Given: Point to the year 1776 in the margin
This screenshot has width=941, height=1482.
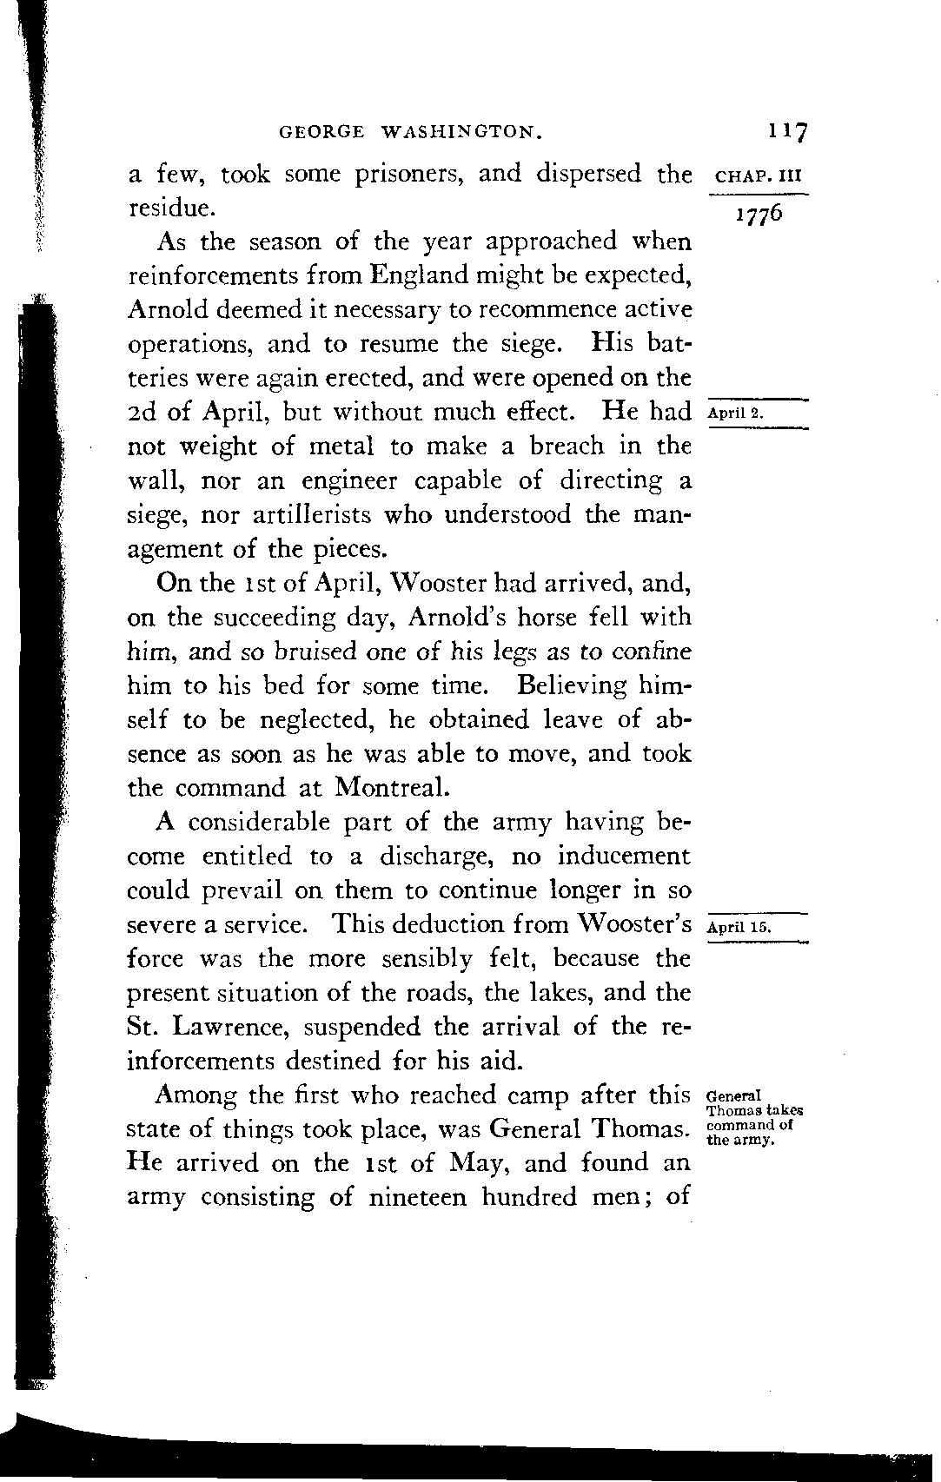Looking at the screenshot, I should (759, 214).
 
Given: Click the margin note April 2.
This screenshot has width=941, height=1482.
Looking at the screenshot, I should (735, 414).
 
